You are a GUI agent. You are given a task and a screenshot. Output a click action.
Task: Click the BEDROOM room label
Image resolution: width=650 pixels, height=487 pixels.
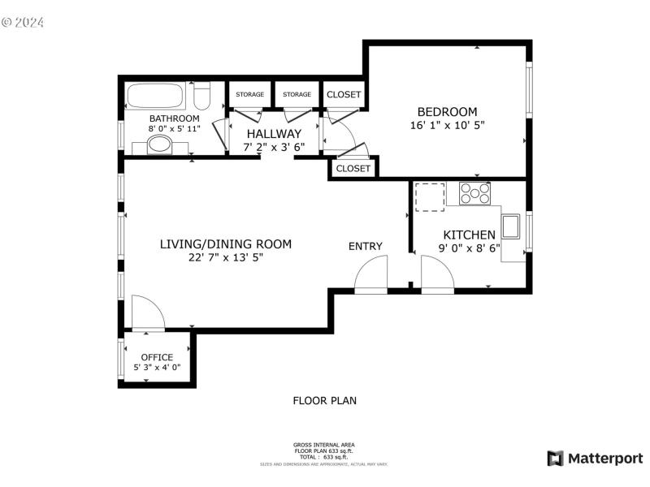447,112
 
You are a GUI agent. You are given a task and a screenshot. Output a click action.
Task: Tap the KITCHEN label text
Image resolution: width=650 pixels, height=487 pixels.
469,235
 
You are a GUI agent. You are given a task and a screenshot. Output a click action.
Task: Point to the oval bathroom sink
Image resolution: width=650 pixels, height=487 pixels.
159,145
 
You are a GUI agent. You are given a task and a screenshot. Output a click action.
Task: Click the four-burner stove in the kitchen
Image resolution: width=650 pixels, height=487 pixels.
475,193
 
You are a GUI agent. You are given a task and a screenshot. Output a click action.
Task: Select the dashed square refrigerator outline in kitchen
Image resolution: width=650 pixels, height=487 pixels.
430,196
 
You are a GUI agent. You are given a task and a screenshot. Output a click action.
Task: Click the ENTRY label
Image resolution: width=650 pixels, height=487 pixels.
365,247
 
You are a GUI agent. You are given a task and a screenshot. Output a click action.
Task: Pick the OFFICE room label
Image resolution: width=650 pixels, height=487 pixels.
157,357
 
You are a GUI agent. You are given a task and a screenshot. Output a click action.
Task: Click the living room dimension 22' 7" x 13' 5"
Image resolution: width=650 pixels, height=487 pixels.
226,257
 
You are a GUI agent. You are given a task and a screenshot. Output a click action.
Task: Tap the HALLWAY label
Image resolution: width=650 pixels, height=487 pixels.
274,134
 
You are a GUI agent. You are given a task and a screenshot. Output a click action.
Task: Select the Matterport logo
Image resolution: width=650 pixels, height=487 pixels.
595,459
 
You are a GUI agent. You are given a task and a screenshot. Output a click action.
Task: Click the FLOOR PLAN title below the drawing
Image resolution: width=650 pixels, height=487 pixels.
324,400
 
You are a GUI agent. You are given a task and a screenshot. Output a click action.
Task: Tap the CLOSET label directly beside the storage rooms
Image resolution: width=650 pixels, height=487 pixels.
344,95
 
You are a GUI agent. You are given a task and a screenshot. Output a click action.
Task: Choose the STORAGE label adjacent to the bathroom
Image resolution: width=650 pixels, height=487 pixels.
249,95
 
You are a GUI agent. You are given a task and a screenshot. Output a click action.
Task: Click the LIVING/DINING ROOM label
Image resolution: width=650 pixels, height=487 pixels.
225,243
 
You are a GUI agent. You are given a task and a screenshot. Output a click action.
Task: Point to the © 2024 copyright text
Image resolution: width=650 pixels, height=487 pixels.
22,22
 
